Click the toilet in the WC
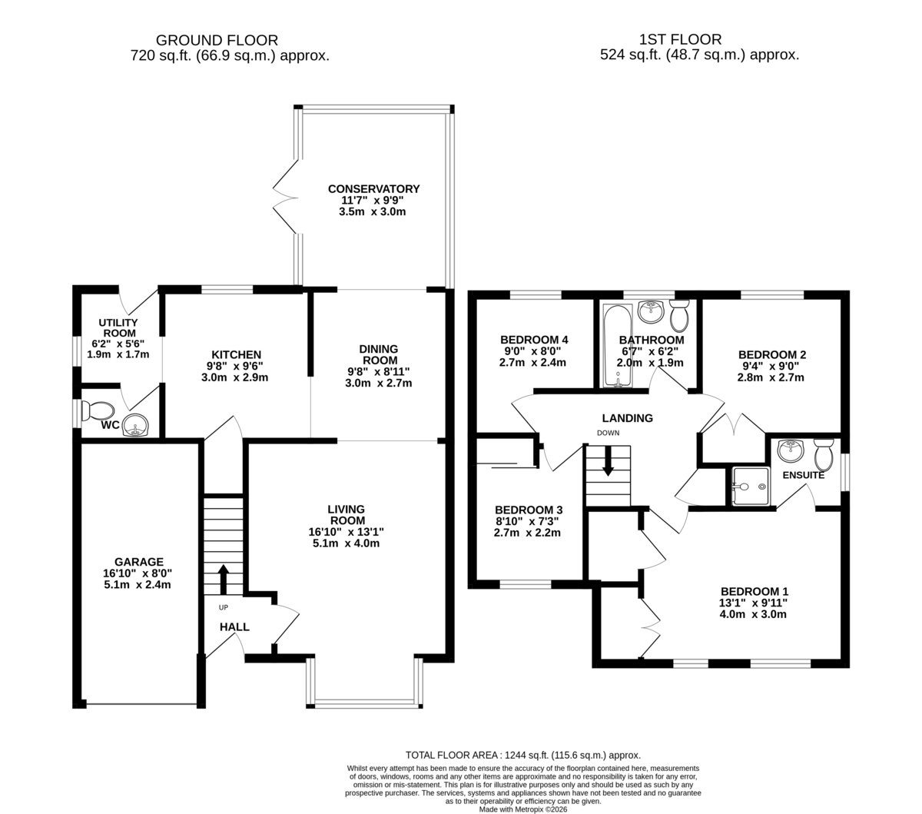[97, 410]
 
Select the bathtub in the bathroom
[617, 346]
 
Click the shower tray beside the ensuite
[750, 486]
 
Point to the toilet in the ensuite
[823, 454]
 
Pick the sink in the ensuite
[791, 450]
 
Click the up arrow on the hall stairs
[223, 580]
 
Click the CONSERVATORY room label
[373, 188]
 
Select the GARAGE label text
[138, 562]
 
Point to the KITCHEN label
[236, 354]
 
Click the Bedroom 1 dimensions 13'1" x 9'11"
[753, 603]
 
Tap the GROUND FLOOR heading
[217, 41]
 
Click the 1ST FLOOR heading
[680, 40]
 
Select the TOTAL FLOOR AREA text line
[523, 755]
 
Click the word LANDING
[627, 418]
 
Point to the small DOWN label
[608, 433]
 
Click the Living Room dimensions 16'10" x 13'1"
[346, 531]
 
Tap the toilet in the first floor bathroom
[679, 315]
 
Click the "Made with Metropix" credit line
[523, 809]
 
